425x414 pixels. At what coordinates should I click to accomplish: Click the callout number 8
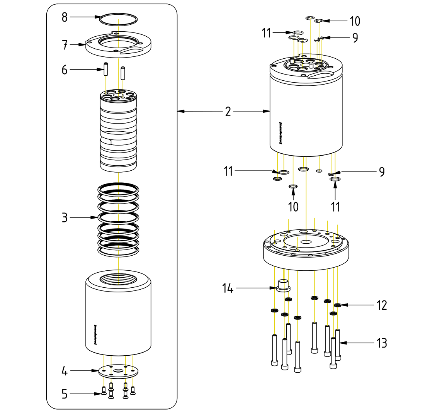(x=65, y=17)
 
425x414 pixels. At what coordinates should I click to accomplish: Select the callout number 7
(x=65, y=45)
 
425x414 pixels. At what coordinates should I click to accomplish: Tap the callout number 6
(x=65, y=70)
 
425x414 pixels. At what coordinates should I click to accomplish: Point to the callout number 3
(x=65, y=218)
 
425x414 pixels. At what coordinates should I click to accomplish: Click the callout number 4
(x=65, y=371)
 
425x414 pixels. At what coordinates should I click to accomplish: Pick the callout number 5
(x=65, y=394)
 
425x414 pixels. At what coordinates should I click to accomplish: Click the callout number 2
(x=228, y=112)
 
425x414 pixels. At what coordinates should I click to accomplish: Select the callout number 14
(x=228, y=288)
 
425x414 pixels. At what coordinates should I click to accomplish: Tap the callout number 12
(x=382, y=305)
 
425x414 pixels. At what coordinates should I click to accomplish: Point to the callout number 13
(x=382, y=343)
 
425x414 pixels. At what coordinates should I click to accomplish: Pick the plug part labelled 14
(x=284, y=286)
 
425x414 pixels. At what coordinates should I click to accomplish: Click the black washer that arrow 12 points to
(x=338, y=305)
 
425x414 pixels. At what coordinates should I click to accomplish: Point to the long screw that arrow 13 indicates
(x=338, y=344)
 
